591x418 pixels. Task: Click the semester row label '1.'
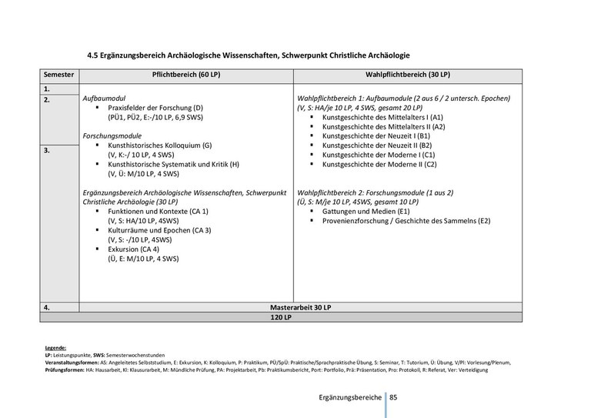pos(48,89)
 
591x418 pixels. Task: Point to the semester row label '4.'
pos(48,307)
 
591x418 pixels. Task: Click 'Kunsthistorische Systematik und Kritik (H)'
pos(174,165)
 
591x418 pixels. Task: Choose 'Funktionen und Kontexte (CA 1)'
pos(154,210)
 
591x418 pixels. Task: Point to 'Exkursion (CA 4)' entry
pos(134,249)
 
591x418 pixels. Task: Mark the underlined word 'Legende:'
pos(55,349)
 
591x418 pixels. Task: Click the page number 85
pos(393,398)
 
